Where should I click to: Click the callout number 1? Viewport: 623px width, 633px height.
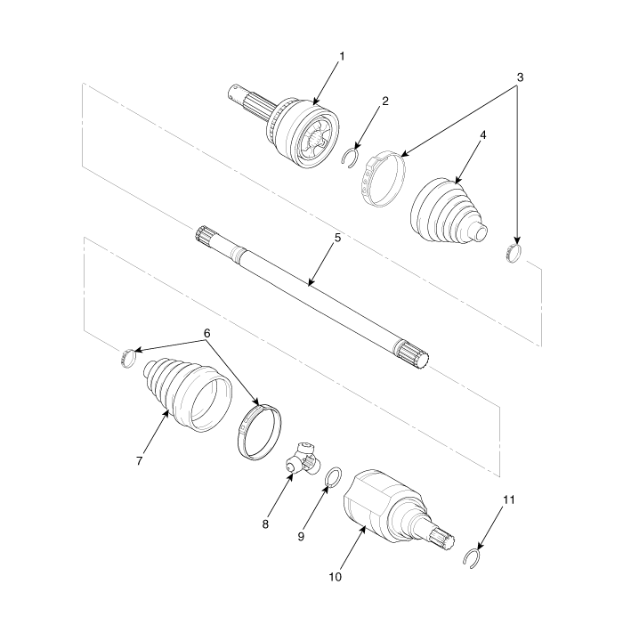coord(342,56)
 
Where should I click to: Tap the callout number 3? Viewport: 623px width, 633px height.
coord(520,77)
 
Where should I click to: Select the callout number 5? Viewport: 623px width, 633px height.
coord(337,238)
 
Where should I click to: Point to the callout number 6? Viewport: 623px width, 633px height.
coord(206,333)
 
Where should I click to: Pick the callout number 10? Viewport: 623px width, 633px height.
coord(335,577)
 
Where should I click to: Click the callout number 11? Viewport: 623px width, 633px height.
coord(509,499)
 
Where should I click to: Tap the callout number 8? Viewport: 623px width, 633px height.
coord(265,524)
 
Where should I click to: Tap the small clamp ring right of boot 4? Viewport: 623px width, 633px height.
coord(514,254)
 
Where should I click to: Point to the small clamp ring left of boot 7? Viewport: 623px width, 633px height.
coord(128,358)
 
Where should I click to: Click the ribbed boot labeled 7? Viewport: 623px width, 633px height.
coord(186,394)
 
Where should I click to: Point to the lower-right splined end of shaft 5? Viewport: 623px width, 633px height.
coord(411,353)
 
